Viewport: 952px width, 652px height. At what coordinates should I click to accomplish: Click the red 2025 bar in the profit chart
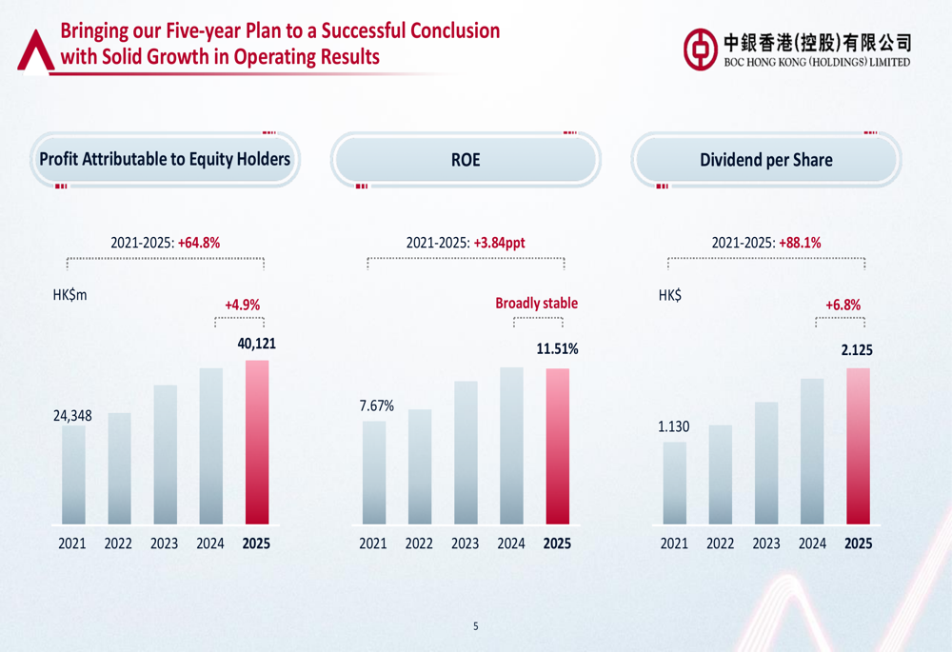(x=256, y=443)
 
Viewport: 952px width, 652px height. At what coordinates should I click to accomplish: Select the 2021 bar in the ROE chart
(x=374, y=473)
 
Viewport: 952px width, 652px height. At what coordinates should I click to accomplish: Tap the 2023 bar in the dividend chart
(x=766, y=464)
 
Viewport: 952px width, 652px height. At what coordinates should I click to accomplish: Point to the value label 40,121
(x=256, y=344)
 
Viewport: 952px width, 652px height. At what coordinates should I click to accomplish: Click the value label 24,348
(x=72, y=416)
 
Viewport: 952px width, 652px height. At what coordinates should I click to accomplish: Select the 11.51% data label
(x=557, y=349)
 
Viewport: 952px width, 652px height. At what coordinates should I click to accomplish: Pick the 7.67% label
(x=376, y=406)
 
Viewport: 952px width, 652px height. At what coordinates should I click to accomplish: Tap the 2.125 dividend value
(x=856, y=350)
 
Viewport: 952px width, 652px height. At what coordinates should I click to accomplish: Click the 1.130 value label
(x=674, y=427)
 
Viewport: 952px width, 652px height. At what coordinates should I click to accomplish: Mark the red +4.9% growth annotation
(x=242, y=305)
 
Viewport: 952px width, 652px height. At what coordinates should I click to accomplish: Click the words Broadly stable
(x=536, y=304)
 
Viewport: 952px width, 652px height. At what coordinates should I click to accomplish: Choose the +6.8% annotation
(x=843, y=305)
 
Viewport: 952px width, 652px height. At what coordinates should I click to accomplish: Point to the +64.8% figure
(x=199, y=243)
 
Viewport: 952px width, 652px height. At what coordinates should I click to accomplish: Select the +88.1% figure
(x=800, y=243)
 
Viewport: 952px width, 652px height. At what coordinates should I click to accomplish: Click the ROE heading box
(x=466, y=160)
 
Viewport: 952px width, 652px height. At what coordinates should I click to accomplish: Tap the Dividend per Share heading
(x=765, y=160)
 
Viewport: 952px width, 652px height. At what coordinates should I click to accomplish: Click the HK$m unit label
(x=69, y=295)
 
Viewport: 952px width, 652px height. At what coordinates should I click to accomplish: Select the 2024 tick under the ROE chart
(x=511, y=543)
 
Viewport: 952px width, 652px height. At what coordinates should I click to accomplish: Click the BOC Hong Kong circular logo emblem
(x=700, y=48)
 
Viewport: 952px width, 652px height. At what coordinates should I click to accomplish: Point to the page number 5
(x=476, y=625)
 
